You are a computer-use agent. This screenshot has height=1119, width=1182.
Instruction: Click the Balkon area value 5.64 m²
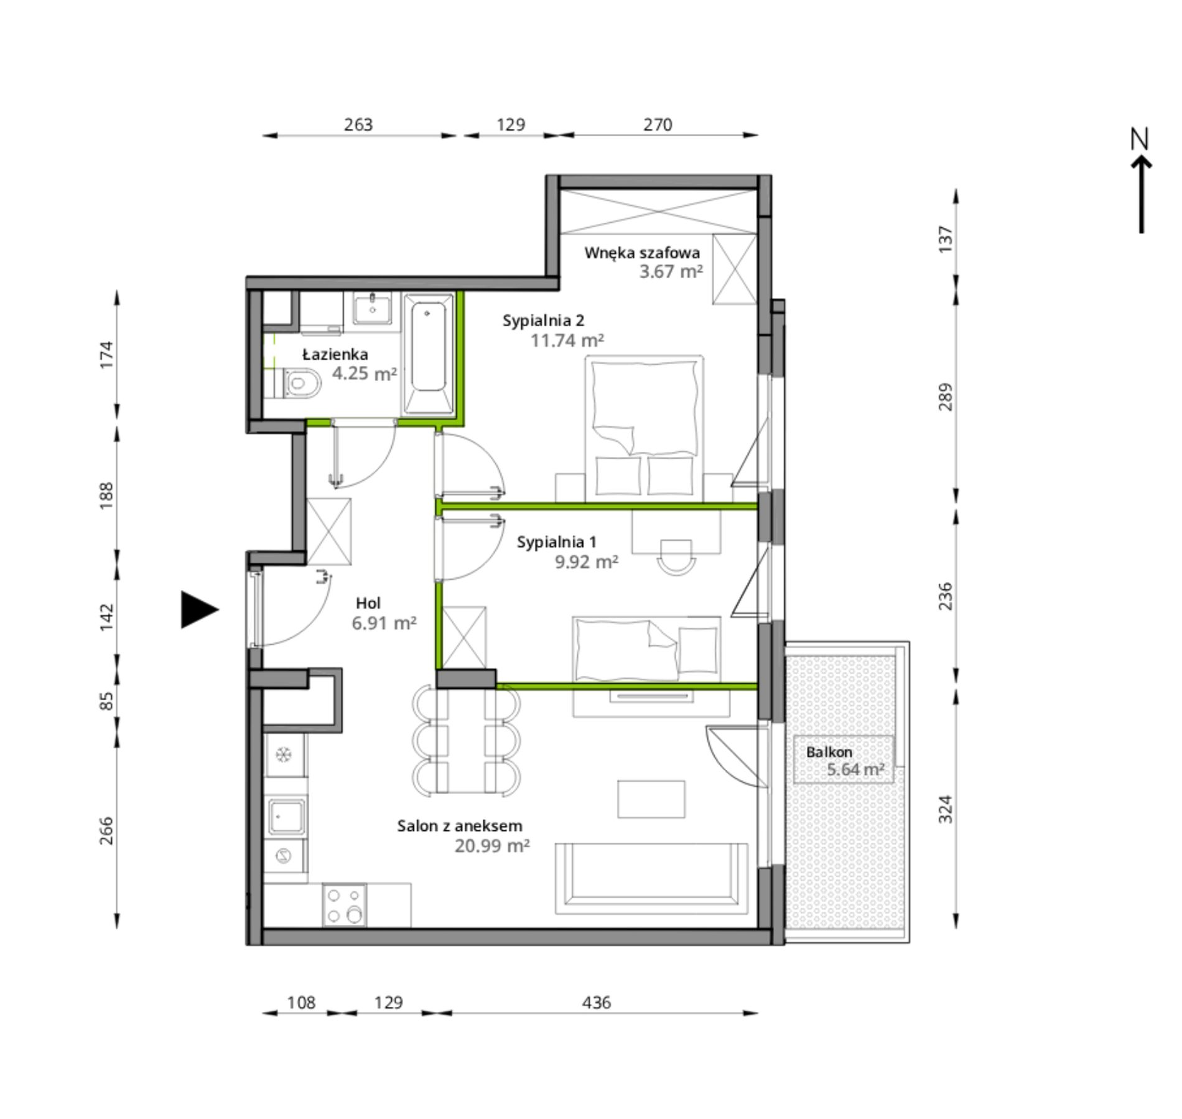(x=855, y=769)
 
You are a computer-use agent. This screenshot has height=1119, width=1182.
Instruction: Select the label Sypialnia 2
(x=544, y=321)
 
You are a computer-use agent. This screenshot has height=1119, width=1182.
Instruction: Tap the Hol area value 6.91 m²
(x=384, y=622)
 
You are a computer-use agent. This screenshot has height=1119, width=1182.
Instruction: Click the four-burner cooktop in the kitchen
(x=345, y=905)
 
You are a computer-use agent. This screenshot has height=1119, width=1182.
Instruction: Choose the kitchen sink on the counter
(x=287, y=817)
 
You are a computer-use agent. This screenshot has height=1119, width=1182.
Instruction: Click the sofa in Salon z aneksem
(x=651, y=879)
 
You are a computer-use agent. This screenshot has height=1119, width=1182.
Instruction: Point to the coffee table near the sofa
(x=651, y=799)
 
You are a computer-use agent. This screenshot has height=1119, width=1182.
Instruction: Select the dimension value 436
(x=597, y=1003)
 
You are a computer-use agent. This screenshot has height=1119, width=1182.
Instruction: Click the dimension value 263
(x=358, y=124)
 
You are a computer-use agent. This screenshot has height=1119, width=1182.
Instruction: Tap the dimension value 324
(x=945, y=809)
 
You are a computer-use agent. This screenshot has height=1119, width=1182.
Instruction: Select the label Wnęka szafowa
(x=642, y=253)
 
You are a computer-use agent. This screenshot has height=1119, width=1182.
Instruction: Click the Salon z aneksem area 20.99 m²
(x=492, y=846)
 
